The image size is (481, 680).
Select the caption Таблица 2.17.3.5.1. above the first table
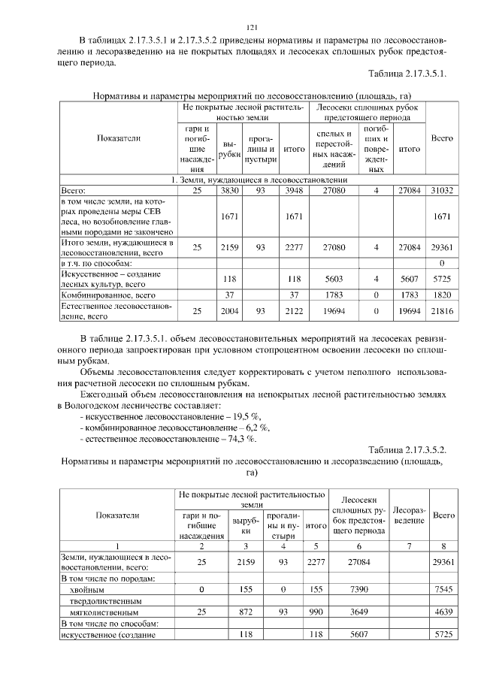pos(407,74)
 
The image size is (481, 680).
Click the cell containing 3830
pos(228,192)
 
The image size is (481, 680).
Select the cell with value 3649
pos(353,612)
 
